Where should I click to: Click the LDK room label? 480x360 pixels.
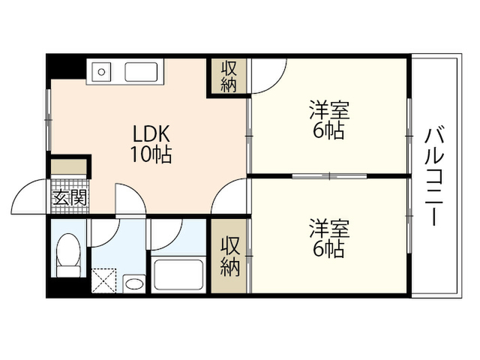tap(151, 133)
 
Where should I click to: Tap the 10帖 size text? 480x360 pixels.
tap(151, 154)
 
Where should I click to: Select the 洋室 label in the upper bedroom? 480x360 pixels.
tap(329, 110)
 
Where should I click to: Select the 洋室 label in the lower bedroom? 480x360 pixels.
tap(329, 228)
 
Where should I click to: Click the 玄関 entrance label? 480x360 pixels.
tap(70, 197)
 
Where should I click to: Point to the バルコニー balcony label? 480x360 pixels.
tap(434, 177)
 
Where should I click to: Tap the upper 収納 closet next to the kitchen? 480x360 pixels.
tap(229, 76)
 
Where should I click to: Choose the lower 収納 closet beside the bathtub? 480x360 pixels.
tap(229, 256)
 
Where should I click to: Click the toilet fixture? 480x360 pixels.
tap(68, 255)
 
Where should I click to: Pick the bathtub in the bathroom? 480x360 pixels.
tap(178, 274)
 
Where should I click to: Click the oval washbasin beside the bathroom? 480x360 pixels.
tap(134, 283)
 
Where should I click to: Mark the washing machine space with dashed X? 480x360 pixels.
tap(103, 280)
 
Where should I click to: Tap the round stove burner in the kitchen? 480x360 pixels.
tap(102, 72)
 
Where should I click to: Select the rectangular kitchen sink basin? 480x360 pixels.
tap(141, 72)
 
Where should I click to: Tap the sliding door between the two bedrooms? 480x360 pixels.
tap(329, 176)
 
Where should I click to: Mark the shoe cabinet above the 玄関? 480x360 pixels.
tap(68, 166)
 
